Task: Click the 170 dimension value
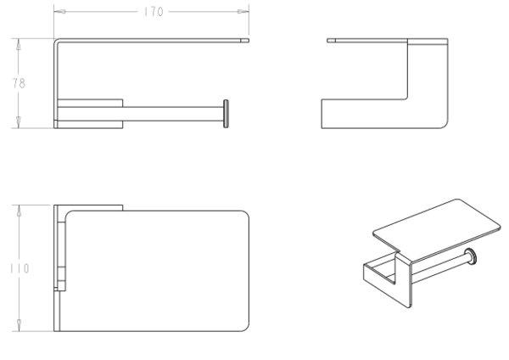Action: pos(154,12)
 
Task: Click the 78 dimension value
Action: pos(19,83)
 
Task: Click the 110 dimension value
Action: pos(20,268)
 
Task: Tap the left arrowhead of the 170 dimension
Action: pos(59,12)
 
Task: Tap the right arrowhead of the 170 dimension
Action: pos(243,12)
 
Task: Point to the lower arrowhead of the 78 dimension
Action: pos(19,122)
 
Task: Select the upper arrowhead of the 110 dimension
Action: pos(20,211)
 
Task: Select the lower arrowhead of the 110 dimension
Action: pos(20,325)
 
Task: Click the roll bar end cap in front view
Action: pos(226,114)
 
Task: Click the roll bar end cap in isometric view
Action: pos(471,256)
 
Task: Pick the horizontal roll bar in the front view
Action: pos(173,114)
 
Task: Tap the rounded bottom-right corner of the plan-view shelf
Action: pos(246,328)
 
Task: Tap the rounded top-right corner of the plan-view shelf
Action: pos(246,215)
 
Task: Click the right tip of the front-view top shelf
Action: pos(249,41)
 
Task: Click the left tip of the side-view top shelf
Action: pos(327,41)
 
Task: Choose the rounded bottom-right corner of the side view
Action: pos(445,125)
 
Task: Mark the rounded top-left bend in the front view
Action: pos(56,41)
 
